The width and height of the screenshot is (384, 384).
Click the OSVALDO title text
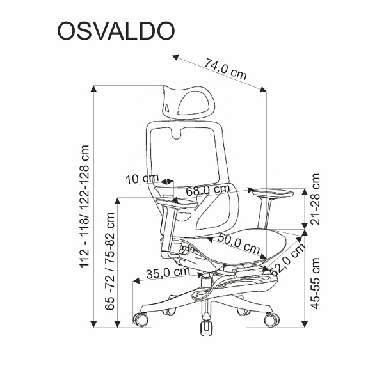pyautogui.click(x=116, y=31)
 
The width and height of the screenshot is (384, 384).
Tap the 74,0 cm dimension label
pyautogui.click(x=225, y=69)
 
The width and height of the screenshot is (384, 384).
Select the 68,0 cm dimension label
pyautogui.click(x=208, y=189)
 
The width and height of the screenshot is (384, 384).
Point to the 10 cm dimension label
pyautogui.click(x=142, y=179)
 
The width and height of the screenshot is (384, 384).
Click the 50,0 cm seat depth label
pyautogui.click(x=238, y=244)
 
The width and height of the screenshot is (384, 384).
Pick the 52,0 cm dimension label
pyautogui.click(x=289, y=259)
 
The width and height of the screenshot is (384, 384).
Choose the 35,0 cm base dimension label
pyautogui.click(x=168, y=273)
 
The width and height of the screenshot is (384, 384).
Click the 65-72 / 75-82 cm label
pyautogui.click(x=109, y=261)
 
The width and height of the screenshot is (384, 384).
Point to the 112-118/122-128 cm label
pyautogui.click(x=85, y=206)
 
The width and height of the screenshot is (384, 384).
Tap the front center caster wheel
pyautogui.click(x=207, y=328)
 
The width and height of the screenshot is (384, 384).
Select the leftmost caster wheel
pyautogui.click(x=141, y=319)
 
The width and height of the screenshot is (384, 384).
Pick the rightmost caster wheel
pyautogui.click(x=271, y=319)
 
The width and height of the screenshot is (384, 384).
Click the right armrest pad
pyautogui.click(x=273, y=193)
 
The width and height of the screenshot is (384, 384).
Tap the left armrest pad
pyautogui.click(x=177, y=203)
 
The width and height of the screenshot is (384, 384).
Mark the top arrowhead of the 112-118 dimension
pyautogui.click(x=93, y=89)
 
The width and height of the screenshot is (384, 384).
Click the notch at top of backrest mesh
pyautogui.click(x=177, y=134)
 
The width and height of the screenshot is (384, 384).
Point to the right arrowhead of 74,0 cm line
pyautogui.click(x=263, y=90)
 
